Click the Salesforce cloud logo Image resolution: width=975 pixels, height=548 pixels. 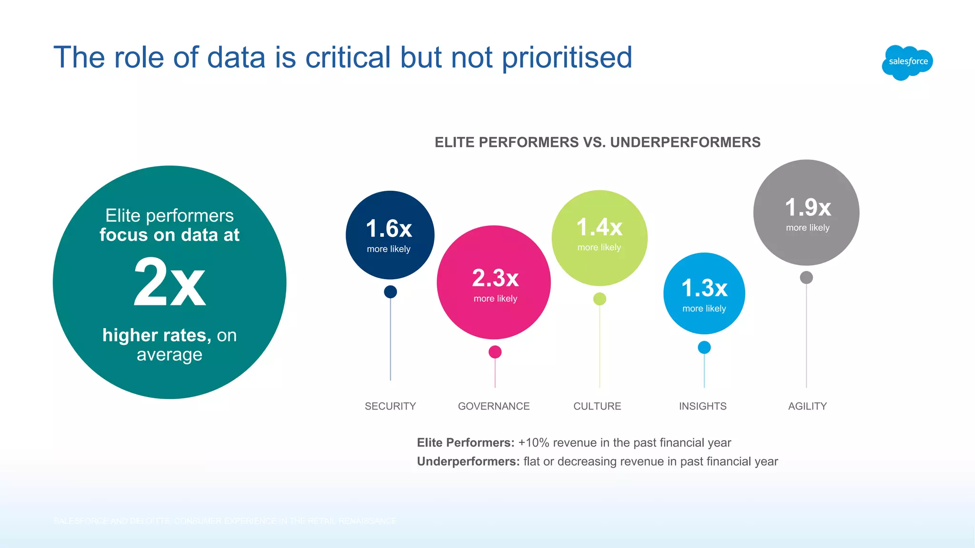pyautogui.click(x=907, y=62)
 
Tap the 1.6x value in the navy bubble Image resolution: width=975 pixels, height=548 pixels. pyautogui.click(x=389, y=229)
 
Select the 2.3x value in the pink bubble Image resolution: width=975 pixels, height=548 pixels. pyautogui.click(x=495, y=278)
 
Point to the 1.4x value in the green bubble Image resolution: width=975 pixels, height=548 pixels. pyautogui.click(x=599, y=227)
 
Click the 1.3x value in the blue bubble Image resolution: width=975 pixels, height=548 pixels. pyautogui.click(x=705, y=288)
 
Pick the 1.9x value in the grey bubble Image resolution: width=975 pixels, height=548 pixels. pyautogui.click(x=808, y=208)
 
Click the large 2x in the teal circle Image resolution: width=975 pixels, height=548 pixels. pyautogui.click(x=169, y=283)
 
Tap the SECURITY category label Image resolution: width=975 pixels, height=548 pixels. pyautogui.click(x=390, y=406)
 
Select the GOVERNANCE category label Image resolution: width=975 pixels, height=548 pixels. pyautogui.click(x=494, y=406)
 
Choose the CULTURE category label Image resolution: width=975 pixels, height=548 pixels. pyautogui.click(x=597, y=406)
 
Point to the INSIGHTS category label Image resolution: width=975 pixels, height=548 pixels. pyautogui.click(x=703, y=406)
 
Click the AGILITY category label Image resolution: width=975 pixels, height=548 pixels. pyautogui.click(x=807, y=406)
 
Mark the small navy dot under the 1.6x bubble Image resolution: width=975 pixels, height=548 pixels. pyautogui.click(x=390, y=292)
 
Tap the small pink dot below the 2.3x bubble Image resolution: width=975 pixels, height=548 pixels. pyautogui.click(x=495, y=352)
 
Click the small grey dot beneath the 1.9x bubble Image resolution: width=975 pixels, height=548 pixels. pyautogui.click(x=806, y=277)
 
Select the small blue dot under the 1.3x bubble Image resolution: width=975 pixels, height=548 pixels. pyautogui.click(x=704, y=348)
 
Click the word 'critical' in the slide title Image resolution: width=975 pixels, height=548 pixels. pyautogui.click(x=348, y=58)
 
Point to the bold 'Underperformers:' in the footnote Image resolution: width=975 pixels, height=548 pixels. pyautogui.click(x=468, y=461)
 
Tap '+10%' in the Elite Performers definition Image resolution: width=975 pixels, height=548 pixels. pyautogui.click(x=534, y=443)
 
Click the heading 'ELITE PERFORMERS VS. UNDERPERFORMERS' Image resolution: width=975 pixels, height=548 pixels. pyautogui.click(x=597, y=142)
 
